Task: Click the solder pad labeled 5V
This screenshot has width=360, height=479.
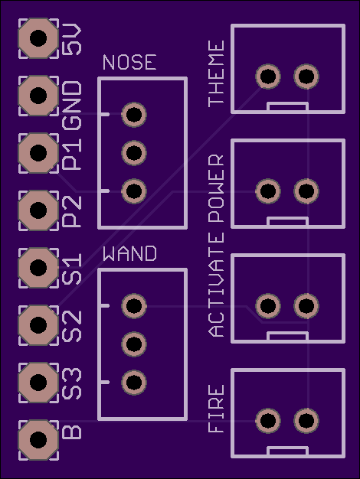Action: pyautogui.click(x=38, y=38)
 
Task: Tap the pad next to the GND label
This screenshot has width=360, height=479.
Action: pyautogui.click(x=38, y=96)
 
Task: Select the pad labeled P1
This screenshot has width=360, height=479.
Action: pyautogui.click(x=38, y=153)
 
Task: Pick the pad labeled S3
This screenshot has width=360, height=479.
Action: pyautogui.click(x=38, y=383)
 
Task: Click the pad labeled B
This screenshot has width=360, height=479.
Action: pyautogui.click(x=38, y=440)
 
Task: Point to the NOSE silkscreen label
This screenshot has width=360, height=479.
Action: pyautogui.click(x=129, y=62)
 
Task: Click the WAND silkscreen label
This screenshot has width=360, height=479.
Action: pyautogui.click(x=129, y=253)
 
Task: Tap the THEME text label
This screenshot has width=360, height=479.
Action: pyautogui.click(x=216, y=73)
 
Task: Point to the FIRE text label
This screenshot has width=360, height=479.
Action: pyautogui.click(x=216, y=409)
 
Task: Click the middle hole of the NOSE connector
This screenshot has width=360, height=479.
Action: pyautogui.click(x=134, y=153)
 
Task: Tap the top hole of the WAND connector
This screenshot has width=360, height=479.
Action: pyautogui.click(x=134, y=306)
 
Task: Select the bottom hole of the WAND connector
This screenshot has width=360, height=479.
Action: pyautogui.click(x=134, y=383)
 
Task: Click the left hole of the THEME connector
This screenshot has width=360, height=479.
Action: pyautogui.click(x=268, y=77)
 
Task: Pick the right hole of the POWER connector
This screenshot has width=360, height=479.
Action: pyautogui.click(x=306, y=191)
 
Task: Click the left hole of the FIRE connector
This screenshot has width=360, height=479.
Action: pyautogui.click(x=268, y=421)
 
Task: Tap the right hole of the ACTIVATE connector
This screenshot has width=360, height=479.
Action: pyautogui.click(x=306, y=306)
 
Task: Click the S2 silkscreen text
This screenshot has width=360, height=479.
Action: pyautogui.click(x=73, y=326)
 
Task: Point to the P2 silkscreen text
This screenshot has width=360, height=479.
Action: pyautogui.click(x=73, y=211)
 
